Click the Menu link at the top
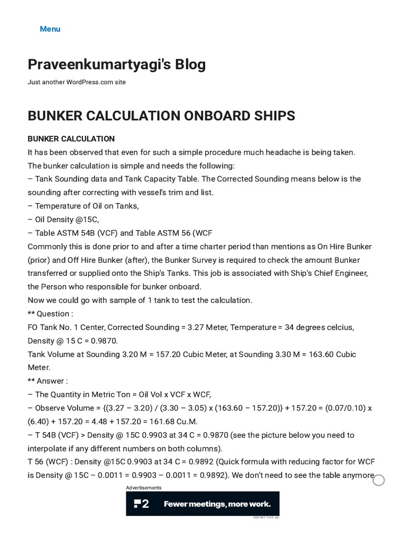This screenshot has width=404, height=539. point(50,29)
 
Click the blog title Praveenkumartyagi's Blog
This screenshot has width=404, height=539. point(117,65)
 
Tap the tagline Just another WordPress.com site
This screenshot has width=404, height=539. point(77,83)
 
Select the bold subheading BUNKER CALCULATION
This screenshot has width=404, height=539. point(71,139)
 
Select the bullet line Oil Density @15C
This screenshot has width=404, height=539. point(66,219)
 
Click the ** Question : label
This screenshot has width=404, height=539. point(50,314)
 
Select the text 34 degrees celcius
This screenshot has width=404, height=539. point(319,327)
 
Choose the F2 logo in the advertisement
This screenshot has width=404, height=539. point(142,504)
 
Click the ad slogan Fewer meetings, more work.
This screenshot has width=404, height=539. point(217,504)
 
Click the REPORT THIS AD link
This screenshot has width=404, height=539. point(266,518)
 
